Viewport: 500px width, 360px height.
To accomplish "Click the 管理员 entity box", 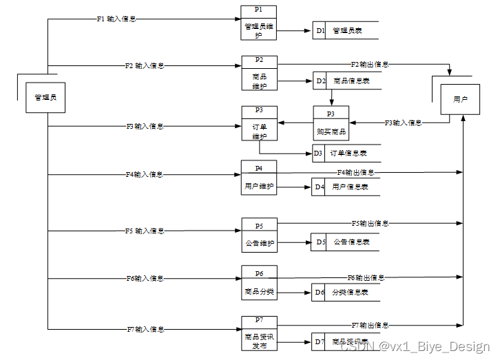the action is pos(45,98).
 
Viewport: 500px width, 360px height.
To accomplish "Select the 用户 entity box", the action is pos(460,100).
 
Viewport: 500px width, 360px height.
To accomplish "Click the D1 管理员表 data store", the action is pos(345,31).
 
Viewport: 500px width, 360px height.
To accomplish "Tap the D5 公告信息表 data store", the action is pos(345,242).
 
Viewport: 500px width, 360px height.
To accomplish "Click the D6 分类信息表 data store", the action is pos(345,293).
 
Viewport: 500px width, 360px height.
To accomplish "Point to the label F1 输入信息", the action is pos(116,19).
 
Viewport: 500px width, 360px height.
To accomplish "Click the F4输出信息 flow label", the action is pos(355,172).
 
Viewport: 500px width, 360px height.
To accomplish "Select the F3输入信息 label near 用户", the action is pos(403,123).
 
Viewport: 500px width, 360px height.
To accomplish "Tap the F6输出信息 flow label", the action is pos(366,277).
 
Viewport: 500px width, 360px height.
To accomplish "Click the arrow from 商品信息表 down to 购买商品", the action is pos(331,98).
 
